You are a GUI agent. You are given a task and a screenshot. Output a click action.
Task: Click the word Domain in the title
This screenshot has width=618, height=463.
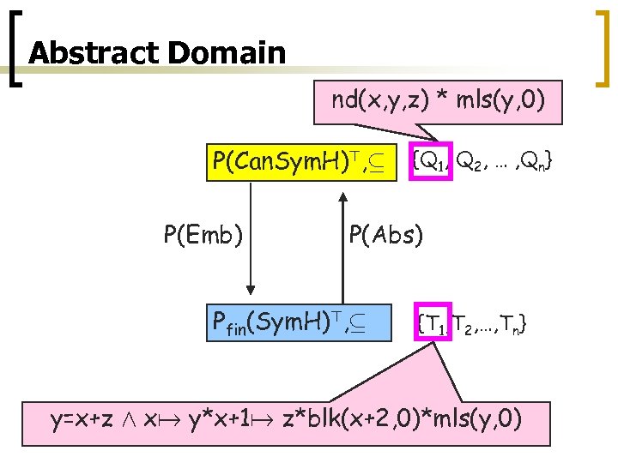pos(227,54)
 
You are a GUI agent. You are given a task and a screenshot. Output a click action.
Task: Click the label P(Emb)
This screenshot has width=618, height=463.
pos(201,233)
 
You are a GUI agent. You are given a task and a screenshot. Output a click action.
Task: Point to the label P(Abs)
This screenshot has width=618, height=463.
pos(385,233)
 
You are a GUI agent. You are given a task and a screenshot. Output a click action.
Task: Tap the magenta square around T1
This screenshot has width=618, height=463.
pos(434,322)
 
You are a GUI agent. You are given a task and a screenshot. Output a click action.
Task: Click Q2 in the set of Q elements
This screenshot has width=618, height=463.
pos(468,161)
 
